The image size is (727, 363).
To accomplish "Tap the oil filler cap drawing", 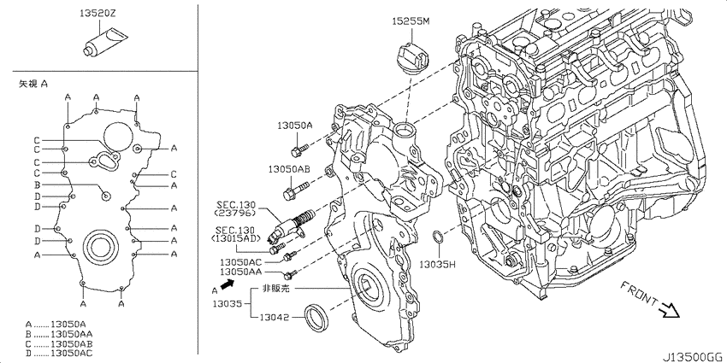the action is [411, 59].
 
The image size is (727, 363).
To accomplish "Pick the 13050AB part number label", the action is [288, 170].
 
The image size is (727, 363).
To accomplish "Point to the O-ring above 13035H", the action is [438, 238].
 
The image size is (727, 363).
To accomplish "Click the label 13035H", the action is [437, 265].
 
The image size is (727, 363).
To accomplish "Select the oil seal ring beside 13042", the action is [316, 318].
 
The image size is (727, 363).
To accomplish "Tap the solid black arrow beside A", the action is [228, 284].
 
